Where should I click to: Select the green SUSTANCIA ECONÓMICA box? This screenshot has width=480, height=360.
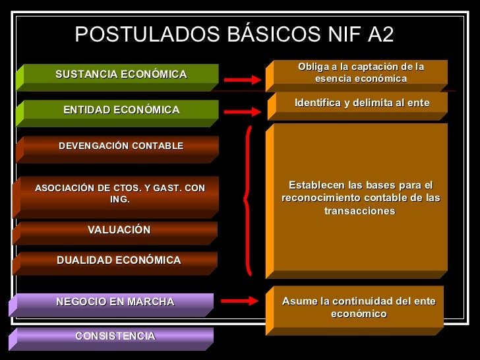(x=121, y=75)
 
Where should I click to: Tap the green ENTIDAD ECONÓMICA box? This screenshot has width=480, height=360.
(x=121, y=110)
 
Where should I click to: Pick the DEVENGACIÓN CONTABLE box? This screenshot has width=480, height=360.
(x=121, y=146)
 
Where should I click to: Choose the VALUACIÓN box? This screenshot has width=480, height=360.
(x=119, y=230)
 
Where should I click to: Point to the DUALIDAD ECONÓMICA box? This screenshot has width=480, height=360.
(x=119, y=260)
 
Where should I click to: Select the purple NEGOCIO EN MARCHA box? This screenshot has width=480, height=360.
(x=115, y=303)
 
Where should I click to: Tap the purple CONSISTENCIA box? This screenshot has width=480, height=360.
(x=115, y=336)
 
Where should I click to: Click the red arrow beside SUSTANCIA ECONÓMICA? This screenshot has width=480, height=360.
(x=243, y=79)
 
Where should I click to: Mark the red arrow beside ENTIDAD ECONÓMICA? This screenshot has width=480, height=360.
(x=243, y=112)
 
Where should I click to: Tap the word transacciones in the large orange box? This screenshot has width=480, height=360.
(x=359, y=211)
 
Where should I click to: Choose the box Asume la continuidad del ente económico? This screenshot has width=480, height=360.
(x=359, y=307)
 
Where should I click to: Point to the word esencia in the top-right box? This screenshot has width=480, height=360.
(x=334, y=79)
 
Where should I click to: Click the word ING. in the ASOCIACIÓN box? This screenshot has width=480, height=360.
(x=120, y=200)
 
